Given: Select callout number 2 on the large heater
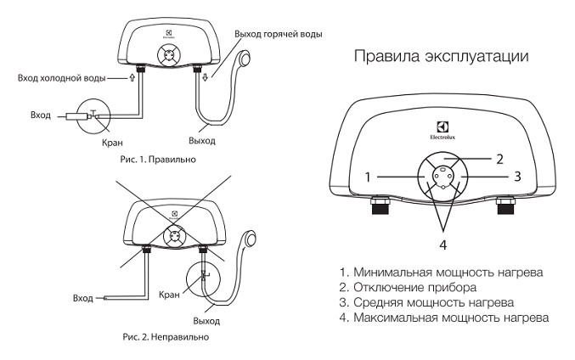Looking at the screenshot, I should [500, 158].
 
